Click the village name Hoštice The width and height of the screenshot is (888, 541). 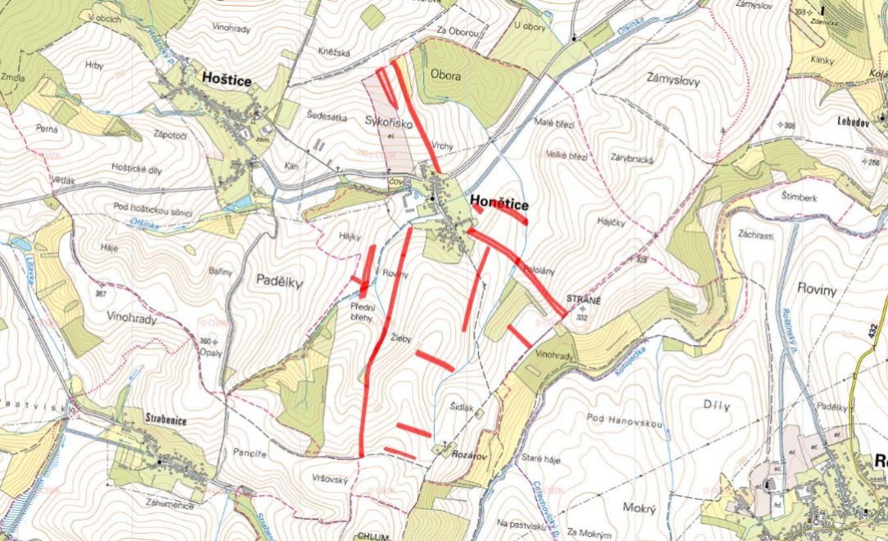226,79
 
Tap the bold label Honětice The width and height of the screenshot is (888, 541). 499,203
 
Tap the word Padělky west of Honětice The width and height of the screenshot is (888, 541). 279,280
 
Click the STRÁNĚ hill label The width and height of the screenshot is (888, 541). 583,299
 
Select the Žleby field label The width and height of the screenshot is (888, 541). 400,338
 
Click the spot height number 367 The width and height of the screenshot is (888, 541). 101,293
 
